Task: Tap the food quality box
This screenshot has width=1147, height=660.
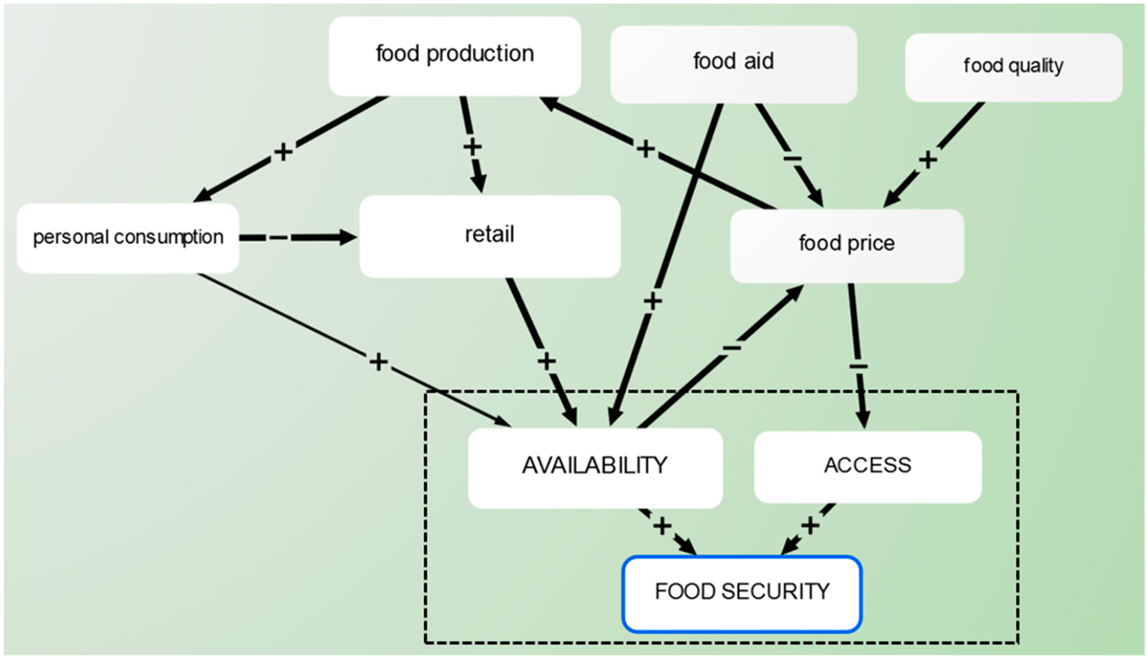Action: [1013, 67]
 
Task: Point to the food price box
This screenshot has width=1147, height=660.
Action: [846, 245]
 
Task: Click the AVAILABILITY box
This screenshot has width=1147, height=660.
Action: [595, 467]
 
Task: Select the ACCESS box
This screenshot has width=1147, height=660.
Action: [867, 467]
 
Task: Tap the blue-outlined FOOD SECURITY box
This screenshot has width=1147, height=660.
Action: [742, 593]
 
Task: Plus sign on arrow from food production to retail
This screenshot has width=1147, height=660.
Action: [472, 147]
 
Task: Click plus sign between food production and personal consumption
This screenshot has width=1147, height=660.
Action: [283, 152]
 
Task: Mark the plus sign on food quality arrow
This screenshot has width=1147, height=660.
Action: [928, 159]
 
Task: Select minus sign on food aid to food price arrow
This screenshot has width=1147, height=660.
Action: [792, 159]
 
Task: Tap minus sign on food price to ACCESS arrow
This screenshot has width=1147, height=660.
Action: [858, 365]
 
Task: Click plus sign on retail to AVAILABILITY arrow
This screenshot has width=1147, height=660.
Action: [546, 361]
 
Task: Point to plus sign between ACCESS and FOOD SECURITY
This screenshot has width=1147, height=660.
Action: [810, 526]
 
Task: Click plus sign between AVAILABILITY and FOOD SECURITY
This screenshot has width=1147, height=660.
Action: [662, 526]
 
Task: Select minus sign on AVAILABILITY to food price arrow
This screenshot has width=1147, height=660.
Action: [732, 348]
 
